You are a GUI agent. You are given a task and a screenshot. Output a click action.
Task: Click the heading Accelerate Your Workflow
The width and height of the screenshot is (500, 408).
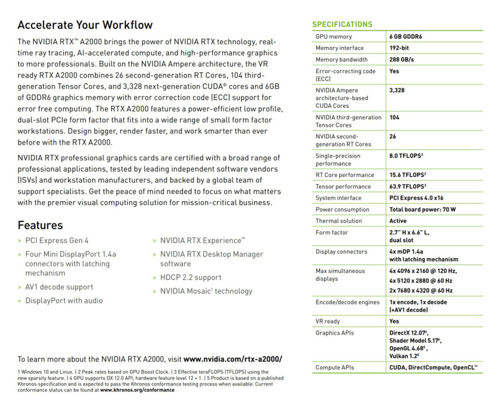[x=85, y=25]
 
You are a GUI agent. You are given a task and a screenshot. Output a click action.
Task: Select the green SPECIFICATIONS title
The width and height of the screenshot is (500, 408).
[x=343, y=24]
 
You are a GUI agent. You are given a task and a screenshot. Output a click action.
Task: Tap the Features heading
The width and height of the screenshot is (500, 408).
[x=40, y=225]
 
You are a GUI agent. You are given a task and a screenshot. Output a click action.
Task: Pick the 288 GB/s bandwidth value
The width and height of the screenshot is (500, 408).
[x=402, y=60]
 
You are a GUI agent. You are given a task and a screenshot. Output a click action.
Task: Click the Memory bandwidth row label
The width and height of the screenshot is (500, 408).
[x=341, y=60]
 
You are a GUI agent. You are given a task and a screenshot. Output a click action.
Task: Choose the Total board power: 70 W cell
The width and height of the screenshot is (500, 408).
[x=423, y=210]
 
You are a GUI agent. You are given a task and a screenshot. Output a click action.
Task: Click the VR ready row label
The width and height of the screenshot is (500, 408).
[x=328, y=320]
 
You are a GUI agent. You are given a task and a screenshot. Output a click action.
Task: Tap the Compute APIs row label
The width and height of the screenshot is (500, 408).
[x=334, y=367]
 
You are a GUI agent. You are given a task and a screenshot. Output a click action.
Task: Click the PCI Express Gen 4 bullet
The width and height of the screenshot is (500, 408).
[x=57, y=241]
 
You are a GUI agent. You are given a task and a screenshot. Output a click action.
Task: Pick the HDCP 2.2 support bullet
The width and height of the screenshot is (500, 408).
[x=191, y=277]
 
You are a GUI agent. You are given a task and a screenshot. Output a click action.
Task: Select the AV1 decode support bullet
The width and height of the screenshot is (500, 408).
[x=59, y=286]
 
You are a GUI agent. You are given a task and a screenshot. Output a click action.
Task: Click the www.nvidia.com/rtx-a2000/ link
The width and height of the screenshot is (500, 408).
[x=232, y=359]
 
